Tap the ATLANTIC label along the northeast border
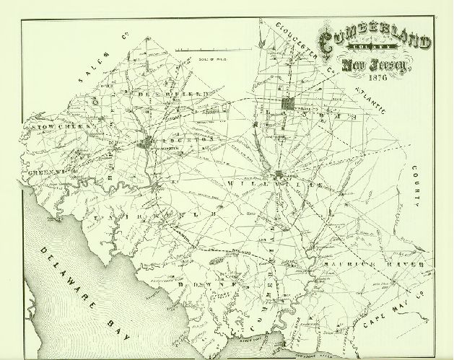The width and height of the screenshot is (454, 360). (372, 100)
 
